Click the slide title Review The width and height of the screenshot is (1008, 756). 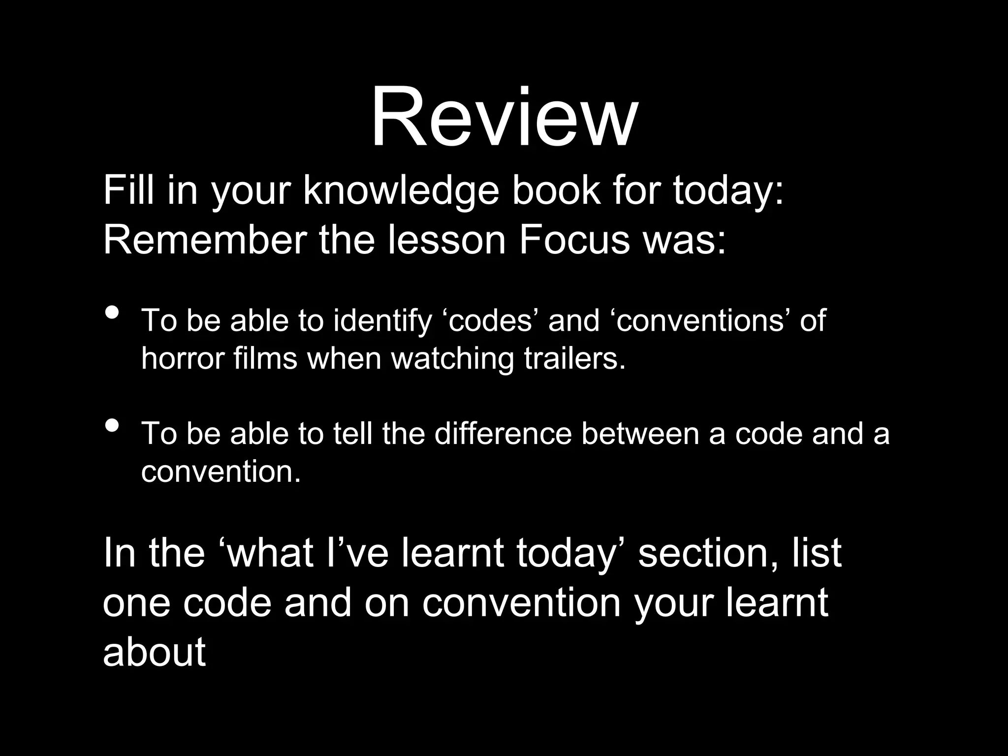tap(504, 118)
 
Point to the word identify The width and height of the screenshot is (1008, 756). tap(382, 320)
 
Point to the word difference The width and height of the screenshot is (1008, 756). tap(503, 434)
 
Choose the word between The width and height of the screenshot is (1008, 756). tap(640, 434)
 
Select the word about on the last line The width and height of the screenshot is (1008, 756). tap(154, 652)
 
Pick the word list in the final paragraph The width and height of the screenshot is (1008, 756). tap(817, 552)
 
